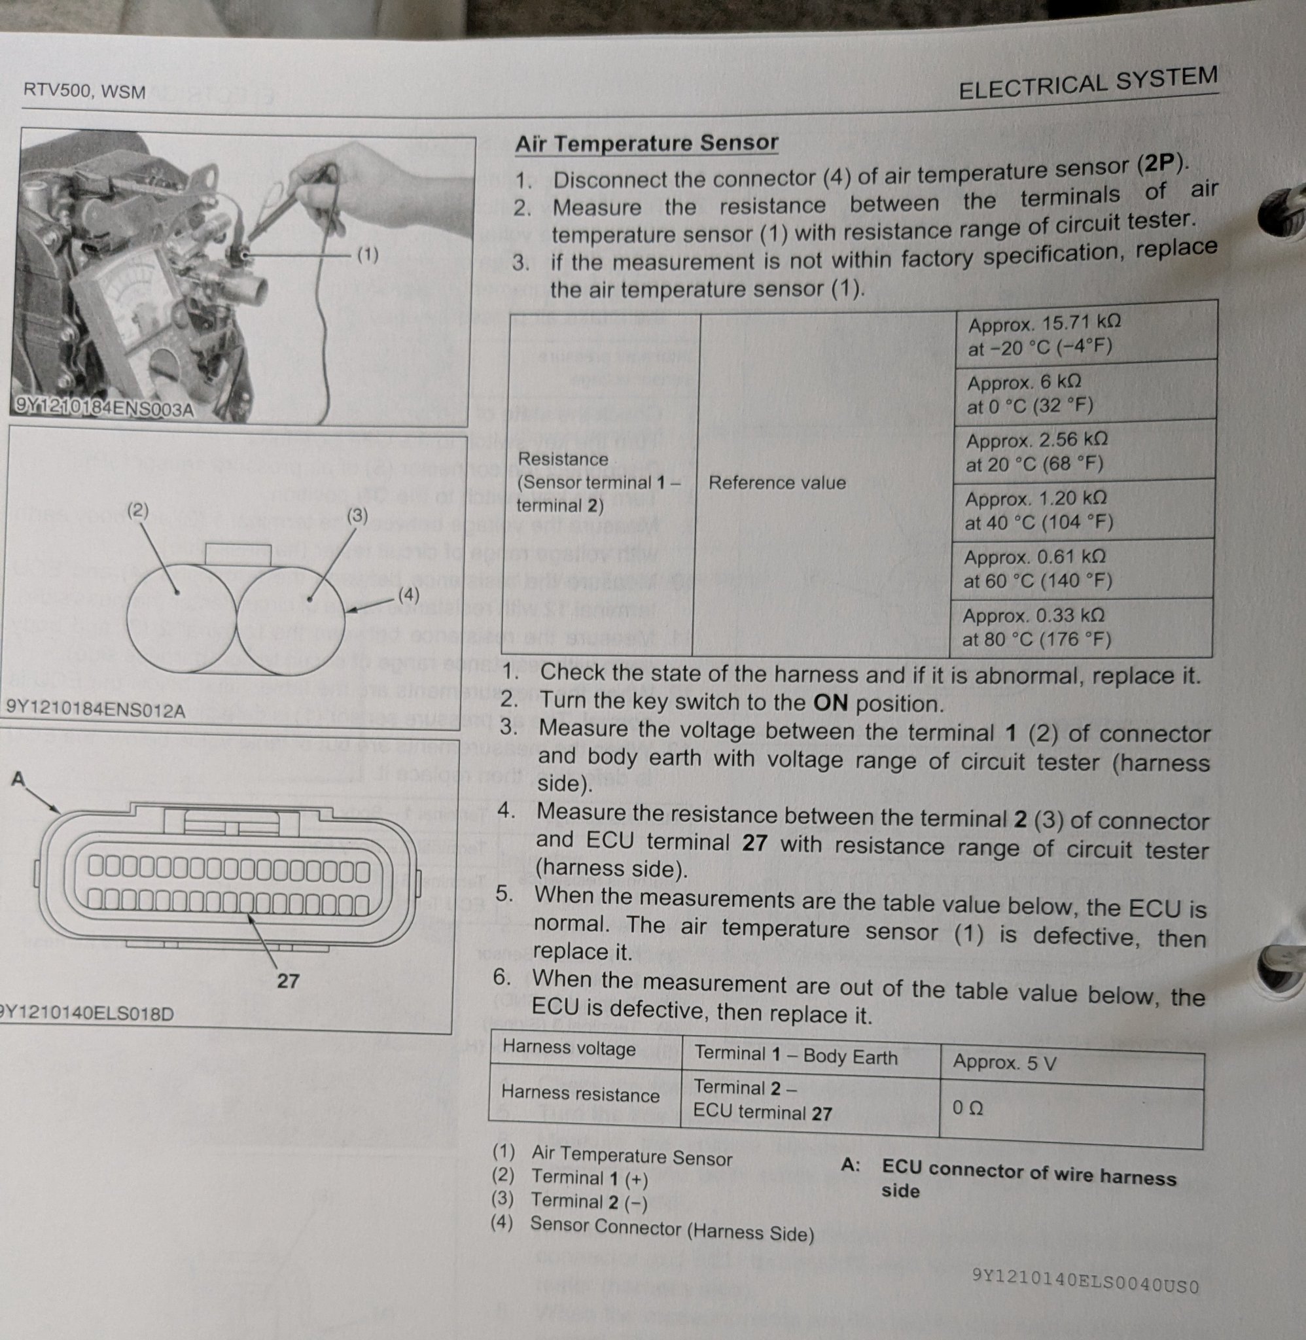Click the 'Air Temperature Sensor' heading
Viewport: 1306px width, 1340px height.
click(x=646, y=143)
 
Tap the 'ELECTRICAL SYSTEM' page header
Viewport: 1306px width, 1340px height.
click(x=1088, y=83)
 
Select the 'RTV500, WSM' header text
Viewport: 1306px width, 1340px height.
click(x=84, y=90)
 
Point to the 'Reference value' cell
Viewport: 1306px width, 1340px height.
click(x=777, y=483)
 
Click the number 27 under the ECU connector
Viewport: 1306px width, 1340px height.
click(x=288, y=981)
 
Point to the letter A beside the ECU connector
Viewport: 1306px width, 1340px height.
click(x=18, y=779)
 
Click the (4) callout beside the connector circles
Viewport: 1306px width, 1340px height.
click(x=409, y=595)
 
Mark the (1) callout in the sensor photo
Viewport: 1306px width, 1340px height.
click(x=368, y=255)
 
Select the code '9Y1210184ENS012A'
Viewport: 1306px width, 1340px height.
click(x=96, y=709)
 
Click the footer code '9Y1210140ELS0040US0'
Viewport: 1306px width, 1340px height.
click(x=1085, y=1280)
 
